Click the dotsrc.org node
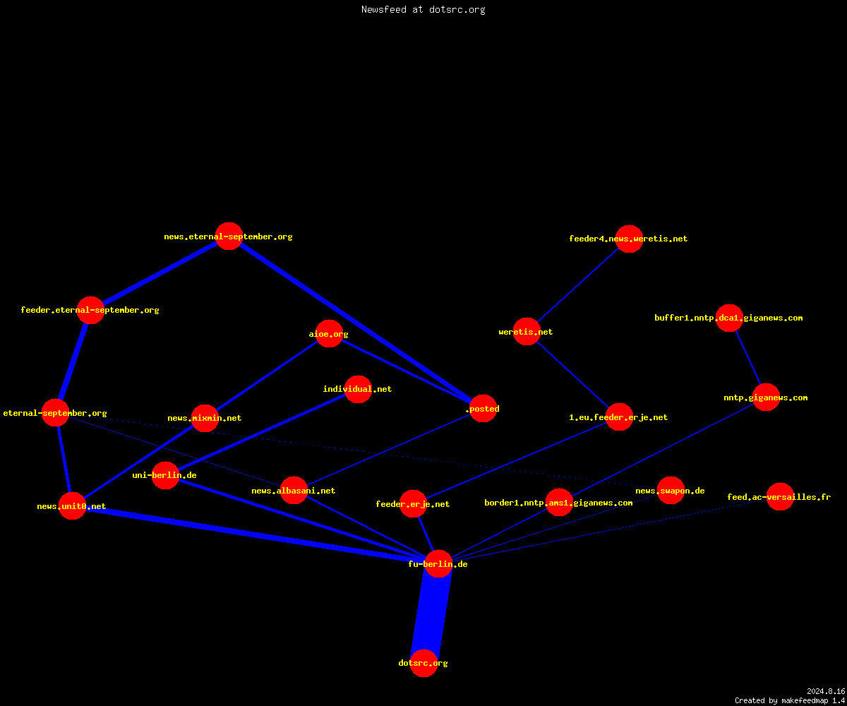tap(423, 663)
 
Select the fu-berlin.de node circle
tap(438, 563)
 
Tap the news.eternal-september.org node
tap(229, 236)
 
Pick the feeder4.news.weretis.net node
tap(629, 239)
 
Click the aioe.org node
tap(329, 333)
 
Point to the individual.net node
tap(358, 389)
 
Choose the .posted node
tap(483, 408)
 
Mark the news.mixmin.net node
tap(205, 418)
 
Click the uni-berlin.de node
tap(165, 475)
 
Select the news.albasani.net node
tap(294, 490)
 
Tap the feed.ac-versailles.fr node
tap(780, 496)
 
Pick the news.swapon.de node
tap(671, 490)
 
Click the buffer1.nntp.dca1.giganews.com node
tap(729, 318)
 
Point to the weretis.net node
tap(527, 332)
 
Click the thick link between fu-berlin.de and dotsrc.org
tap(431, 614)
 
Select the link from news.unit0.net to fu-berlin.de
tap(255, 534)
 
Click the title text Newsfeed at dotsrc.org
tap(423, 9)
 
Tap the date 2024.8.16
tap(826, 691)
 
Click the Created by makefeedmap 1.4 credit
tap(789, 700)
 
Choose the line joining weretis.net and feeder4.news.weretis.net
tap(577, 285)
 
